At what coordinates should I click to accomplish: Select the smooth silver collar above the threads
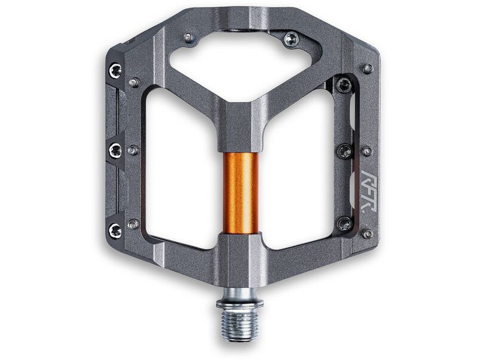240,293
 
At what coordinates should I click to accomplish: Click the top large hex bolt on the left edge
115,71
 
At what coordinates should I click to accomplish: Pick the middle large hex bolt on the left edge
115,150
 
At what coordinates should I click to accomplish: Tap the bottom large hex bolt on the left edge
115,230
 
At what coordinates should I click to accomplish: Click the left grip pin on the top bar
189,38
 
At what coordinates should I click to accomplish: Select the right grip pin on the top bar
291,40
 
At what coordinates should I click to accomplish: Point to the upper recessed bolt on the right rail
344,85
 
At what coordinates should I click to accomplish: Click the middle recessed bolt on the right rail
344,151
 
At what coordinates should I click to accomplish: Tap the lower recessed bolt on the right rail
344,224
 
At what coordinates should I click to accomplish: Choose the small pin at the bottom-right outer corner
367,233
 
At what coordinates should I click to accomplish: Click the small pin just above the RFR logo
366,151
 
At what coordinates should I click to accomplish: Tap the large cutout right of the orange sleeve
300,174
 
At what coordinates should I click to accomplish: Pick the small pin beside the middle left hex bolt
133,150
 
